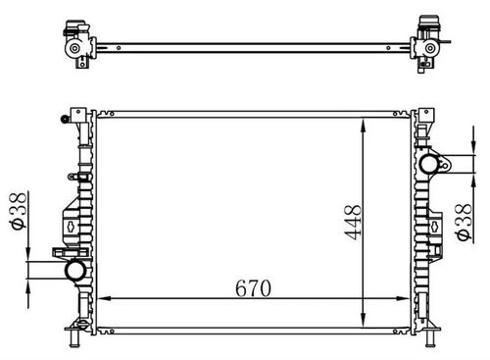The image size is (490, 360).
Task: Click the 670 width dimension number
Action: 253,288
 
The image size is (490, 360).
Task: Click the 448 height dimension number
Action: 353,223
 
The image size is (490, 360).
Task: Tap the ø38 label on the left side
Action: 18,211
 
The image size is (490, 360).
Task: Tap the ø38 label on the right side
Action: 464,223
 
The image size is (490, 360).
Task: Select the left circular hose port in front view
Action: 75,270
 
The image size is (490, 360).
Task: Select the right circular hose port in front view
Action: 428,164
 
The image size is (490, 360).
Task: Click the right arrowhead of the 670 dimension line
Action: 403,298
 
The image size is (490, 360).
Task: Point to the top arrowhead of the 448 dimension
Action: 363,126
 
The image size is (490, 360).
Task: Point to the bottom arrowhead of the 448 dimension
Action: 363,320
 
